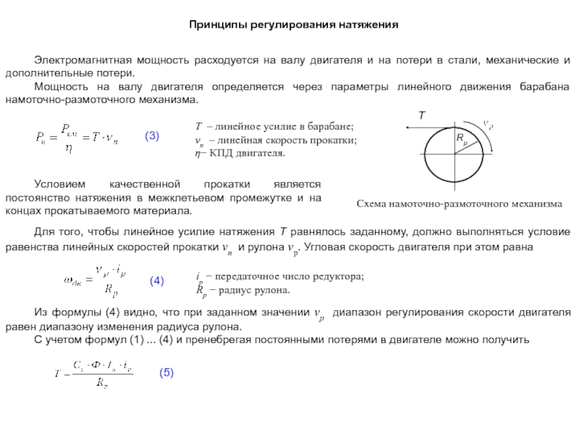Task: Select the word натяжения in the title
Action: tap(368, 25)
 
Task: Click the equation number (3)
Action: tap(152, 136)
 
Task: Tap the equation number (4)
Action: tap(157, 281)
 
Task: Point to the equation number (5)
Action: tap(166, 372)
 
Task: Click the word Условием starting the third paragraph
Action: tap(58, 185)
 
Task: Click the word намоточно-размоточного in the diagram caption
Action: tap(457, 205)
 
